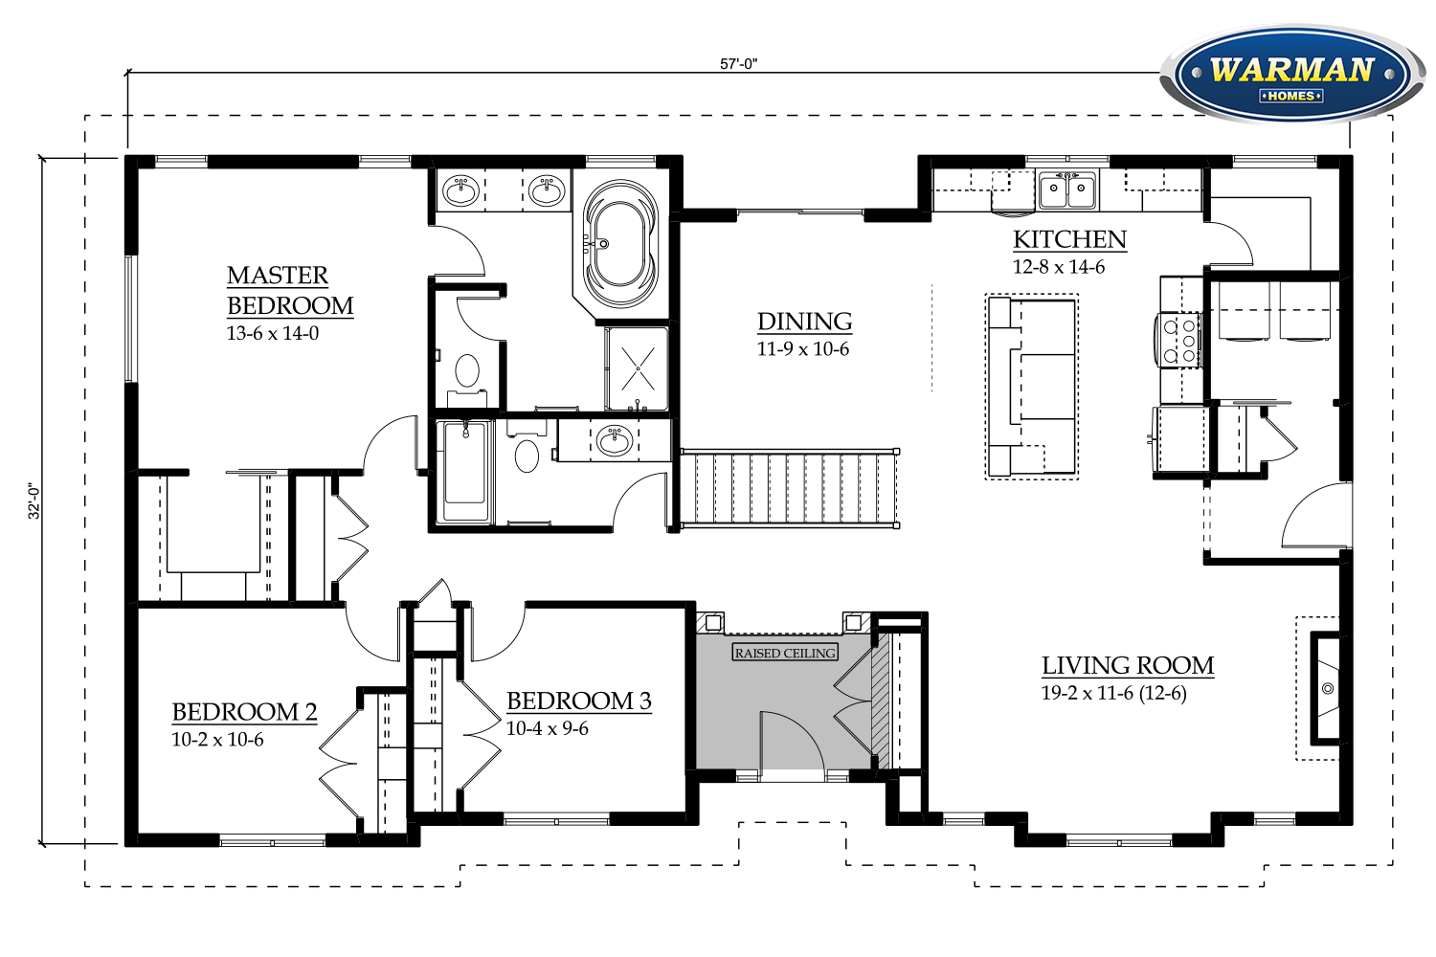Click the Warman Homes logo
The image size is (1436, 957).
pos(1291,75)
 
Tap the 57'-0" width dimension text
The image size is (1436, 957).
pos(738,64)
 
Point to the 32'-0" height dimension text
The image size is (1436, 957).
pos(34,501)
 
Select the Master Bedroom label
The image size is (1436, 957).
pos(290,290)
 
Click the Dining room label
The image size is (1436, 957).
pos(804,322)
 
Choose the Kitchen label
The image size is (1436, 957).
pos(1069,239)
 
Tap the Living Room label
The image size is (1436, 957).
pos(1128,665)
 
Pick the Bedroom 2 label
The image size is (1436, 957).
pos(244,711)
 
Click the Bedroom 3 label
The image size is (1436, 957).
pos(579,701)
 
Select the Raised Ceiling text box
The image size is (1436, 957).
pos(785,653)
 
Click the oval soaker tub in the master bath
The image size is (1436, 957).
pos(620,244)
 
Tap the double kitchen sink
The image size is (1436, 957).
pos(1067,189)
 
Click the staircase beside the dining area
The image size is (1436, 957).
pos(790,488)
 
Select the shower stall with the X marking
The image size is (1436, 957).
pos(638,368)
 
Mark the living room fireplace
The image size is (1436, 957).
pos(1324,688)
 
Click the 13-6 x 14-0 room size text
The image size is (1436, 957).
pos(273,333)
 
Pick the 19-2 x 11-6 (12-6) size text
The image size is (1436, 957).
pos(1114,693)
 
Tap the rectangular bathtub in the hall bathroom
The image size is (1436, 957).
pos(464,471)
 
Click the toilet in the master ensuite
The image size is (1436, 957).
pos(467,378)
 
